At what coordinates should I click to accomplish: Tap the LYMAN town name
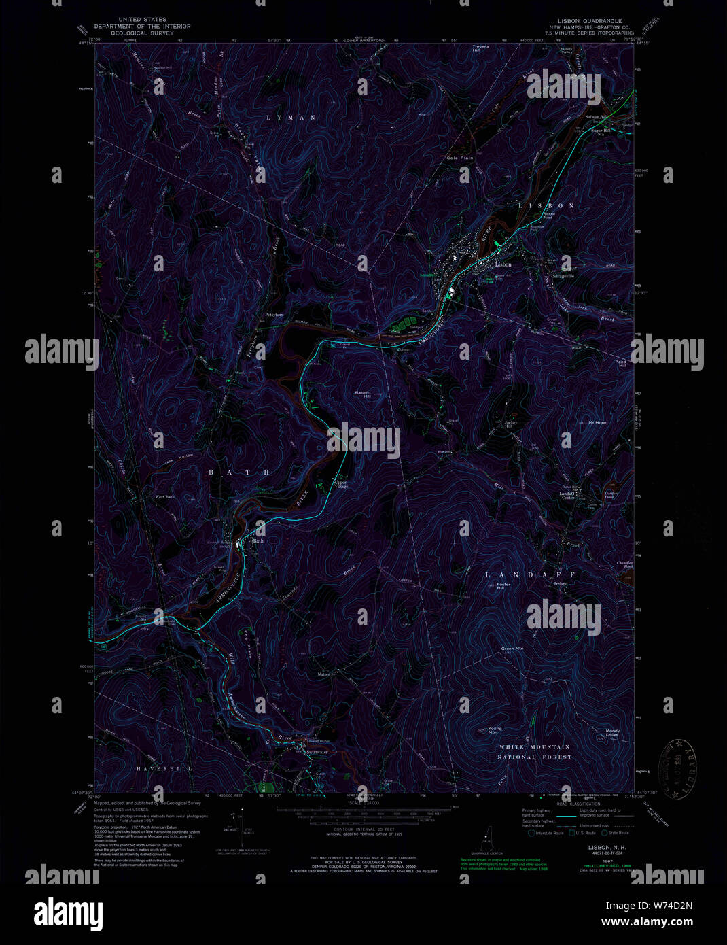(291, 118)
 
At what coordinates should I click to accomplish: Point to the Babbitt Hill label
(362, 394)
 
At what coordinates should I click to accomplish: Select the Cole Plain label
(459, 158)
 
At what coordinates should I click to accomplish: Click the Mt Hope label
(597, 422)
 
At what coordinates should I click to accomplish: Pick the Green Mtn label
(512, 649)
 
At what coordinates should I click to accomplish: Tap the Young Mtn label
(495, 731)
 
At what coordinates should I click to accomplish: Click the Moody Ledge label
(612, 733)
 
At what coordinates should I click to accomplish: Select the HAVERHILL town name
(164, 768)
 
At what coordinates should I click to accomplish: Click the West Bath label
(164, 497)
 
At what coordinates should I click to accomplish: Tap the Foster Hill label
(503, 585)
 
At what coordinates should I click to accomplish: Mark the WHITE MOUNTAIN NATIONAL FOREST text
(535, 751)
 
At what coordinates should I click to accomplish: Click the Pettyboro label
(274, 315)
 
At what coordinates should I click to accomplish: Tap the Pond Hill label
(620, 364)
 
